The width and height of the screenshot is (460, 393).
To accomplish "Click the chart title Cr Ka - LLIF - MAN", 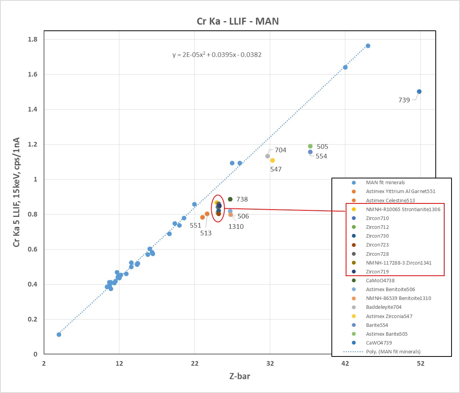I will coord(238,21).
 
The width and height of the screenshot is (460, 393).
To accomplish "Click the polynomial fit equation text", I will coord(217,55).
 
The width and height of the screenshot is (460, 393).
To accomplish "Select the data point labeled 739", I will coord(419,92).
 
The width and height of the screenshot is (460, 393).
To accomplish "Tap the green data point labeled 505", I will coord(310,146).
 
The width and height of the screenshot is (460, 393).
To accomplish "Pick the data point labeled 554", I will coord(310,152).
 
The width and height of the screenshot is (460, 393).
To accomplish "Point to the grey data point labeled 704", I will coord(268,156).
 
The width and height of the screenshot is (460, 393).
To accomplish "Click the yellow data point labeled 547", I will coord(273,160).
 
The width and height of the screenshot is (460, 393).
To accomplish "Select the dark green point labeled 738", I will coord(230,199).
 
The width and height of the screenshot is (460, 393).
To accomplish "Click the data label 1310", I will coord(236,226).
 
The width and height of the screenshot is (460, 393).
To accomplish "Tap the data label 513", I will coord(206,233).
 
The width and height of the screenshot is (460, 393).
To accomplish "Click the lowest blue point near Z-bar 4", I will coord(59,335).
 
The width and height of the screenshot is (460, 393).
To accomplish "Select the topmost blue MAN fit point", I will coord(368,46).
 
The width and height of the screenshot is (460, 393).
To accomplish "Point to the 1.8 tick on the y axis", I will coord(33,39).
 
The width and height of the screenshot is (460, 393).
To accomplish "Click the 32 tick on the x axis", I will coord(270,363).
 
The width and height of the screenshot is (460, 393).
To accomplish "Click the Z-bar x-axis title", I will coord(239,376).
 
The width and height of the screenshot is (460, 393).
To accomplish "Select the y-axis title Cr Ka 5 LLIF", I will coord(16,192).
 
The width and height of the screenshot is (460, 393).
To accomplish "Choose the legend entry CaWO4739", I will coord(379,343).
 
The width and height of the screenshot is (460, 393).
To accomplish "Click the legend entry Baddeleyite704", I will coord(383,307).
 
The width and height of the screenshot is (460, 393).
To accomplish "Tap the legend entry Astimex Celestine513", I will coord(390,200).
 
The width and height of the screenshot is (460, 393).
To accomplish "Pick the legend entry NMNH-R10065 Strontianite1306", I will coord(403,209).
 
